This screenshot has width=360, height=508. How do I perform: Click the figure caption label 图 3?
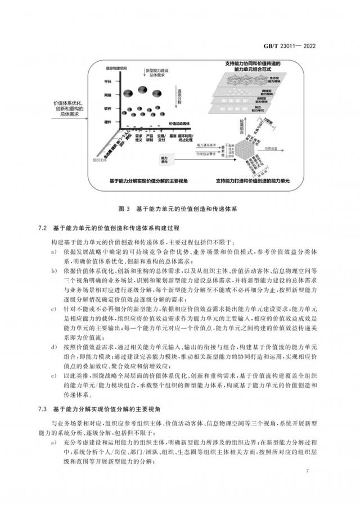pyautogui.click(x=125, y=208)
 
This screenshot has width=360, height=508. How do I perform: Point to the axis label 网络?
pyautogui.click(x=107, y=96)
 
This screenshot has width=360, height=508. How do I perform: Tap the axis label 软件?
pyautogui.click(x=107, y=108)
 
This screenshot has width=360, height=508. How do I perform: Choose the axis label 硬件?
pyautogui.click(x=107, y=121)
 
